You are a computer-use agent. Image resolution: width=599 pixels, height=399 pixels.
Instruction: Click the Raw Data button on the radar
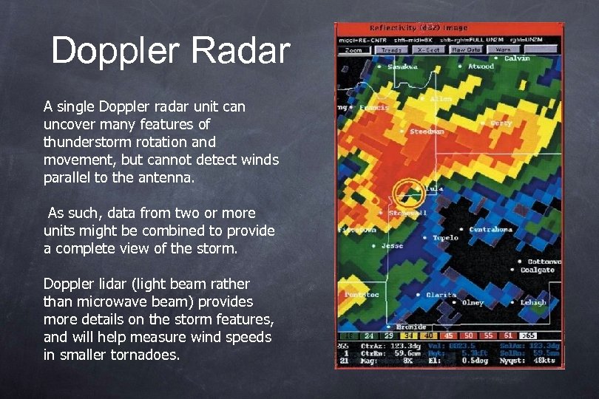(x=466, y=50)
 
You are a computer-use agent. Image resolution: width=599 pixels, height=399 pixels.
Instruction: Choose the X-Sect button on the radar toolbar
(x=428, y=50)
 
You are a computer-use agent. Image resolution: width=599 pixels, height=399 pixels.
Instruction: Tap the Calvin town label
(x=517, y=58)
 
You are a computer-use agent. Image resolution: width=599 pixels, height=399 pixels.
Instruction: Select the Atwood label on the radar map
(x=481, y=66)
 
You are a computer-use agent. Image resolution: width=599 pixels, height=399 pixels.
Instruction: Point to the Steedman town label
(x=427, y=132)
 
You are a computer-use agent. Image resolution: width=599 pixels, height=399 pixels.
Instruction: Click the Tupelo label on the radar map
(x=445, y=238)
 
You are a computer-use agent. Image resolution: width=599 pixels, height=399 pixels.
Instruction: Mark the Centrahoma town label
(x=490, y=230)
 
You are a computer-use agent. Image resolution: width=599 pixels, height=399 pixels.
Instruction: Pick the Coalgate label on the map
(x=537, y=270)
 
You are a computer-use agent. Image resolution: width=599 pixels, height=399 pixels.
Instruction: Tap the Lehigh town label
(x=532, y=302)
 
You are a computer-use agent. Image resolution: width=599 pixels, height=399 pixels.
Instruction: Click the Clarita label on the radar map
(x=441, y=296)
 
